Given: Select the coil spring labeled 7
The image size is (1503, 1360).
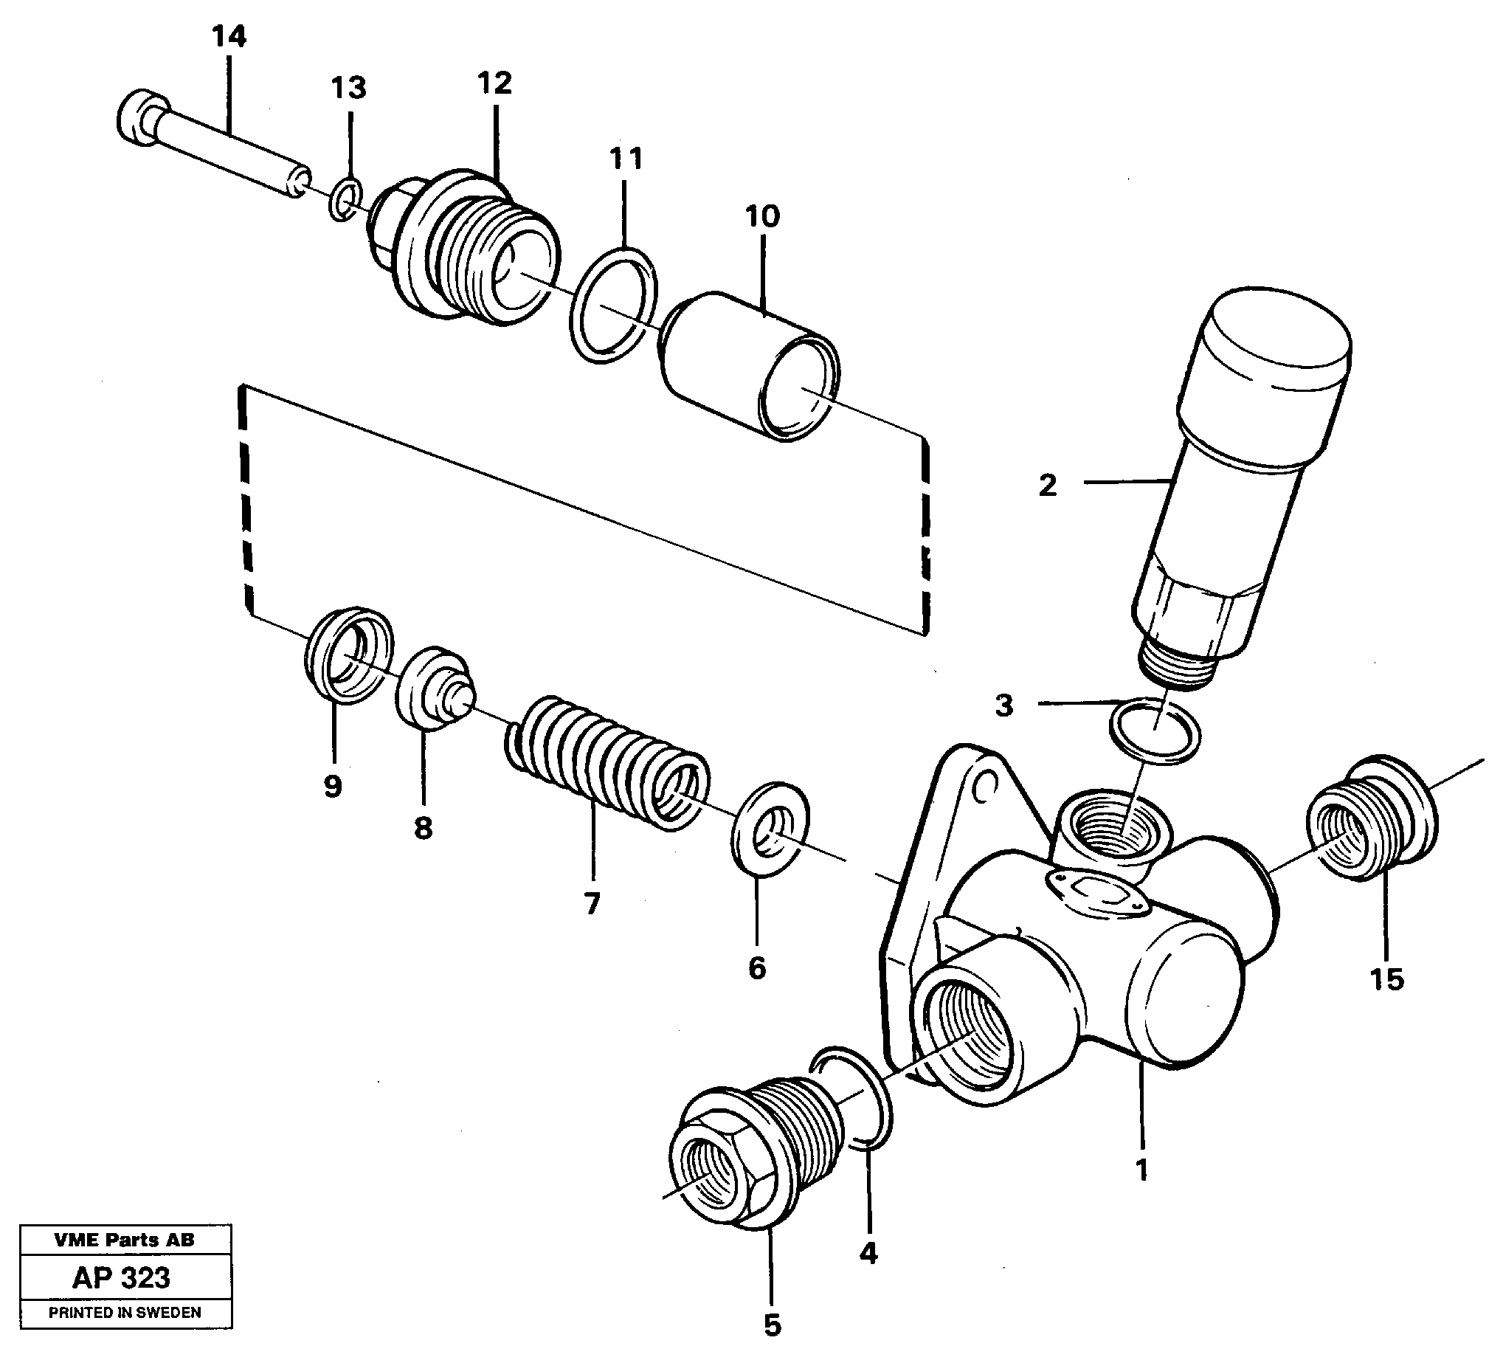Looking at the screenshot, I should pos(605,763).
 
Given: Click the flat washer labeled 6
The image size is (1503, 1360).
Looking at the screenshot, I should pos(771,829).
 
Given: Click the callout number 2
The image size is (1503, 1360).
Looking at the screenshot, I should pos(1048,486).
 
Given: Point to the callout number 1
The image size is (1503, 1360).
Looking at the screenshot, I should pos(1141,1170).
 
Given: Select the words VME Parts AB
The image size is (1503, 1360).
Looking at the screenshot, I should pos(125,1240).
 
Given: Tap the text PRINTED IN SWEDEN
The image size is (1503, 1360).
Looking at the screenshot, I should pos(125,1312).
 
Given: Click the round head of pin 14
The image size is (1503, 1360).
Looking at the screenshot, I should pos(139,118).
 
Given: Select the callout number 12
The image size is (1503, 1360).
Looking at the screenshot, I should pos(494,83).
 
